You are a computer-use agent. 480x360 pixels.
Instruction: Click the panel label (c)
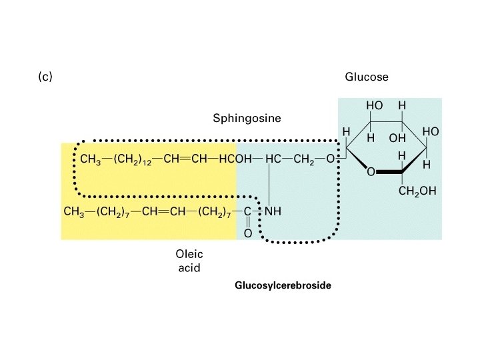click(45, 77)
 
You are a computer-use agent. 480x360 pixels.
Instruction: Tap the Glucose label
click(366, 77)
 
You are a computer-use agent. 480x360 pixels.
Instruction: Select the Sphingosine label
click(247, 119)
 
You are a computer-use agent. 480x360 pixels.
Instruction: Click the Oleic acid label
click(188, 261)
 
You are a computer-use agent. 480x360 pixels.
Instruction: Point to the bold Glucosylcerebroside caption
click(283, 285)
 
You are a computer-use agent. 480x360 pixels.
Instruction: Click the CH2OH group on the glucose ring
click(417, 191)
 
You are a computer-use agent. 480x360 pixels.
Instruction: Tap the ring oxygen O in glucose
click(371, 172)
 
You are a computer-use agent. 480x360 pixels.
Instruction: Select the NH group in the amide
click(273, 212)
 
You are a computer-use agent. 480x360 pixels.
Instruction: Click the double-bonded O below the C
click(248, 233)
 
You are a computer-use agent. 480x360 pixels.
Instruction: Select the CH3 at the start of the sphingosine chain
click(91, 159)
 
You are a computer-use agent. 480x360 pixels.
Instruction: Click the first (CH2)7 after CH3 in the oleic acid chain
click(110, 212)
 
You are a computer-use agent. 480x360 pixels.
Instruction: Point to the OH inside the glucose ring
click(397, 139)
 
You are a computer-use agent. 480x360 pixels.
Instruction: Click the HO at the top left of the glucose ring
click(374, 105)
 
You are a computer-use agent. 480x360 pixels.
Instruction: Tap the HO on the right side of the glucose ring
click(430, 132)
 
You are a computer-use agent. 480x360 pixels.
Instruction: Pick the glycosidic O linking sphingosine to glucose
click(329, 159)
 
